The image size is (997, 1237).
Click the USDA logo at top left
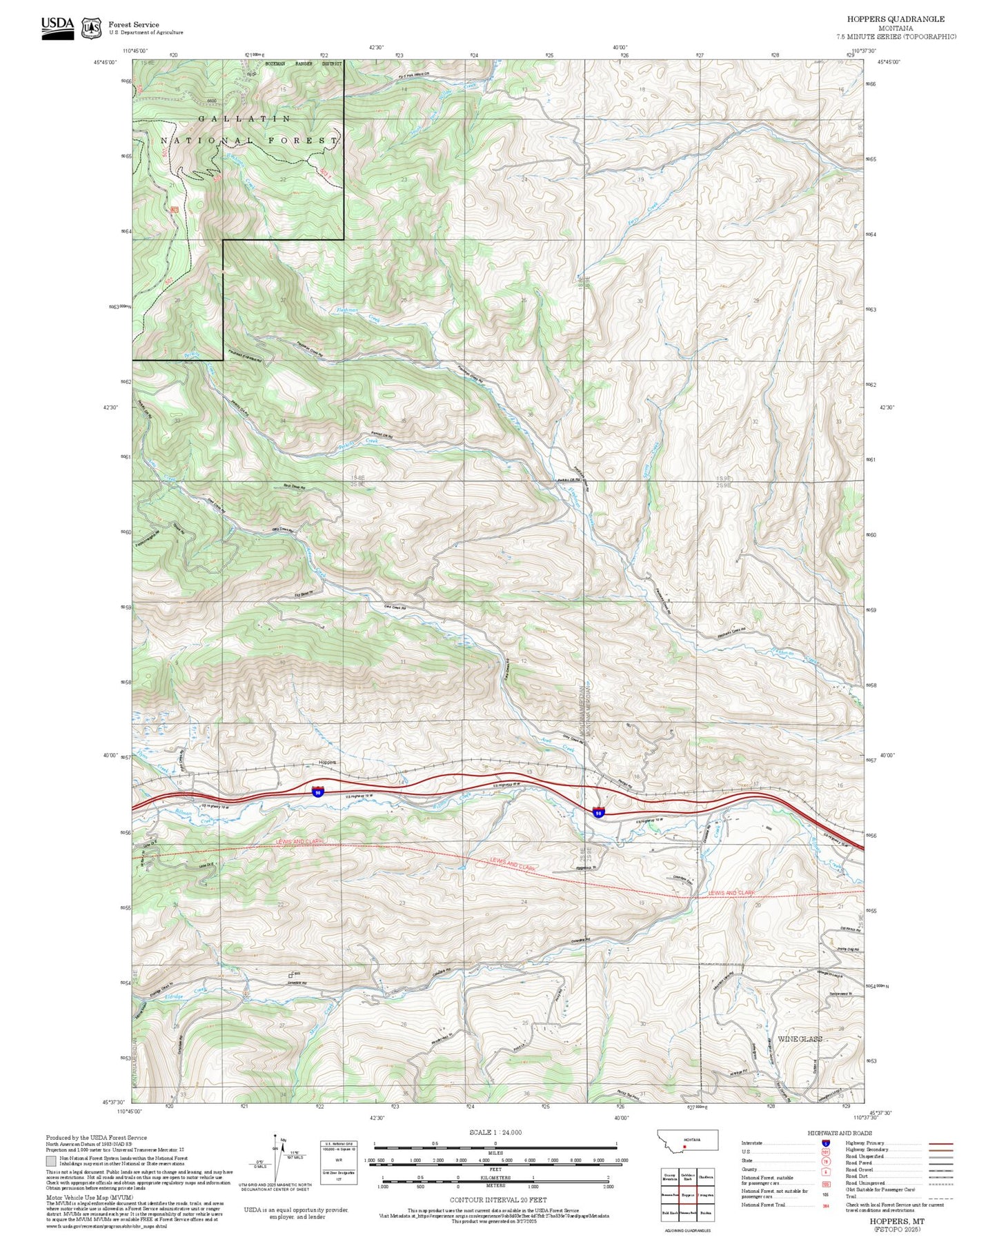(57, 27)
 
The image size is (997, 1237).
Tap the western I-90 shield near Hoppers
(317, 792)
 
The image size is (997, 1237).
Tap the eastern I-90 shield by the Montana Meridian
(598, 813)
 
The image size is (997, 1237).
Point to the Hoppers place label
(327, 762)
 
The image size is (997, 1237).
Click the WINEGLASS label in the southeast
(800, 1038)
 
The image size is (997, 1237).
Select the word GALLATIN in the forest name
(245, 119)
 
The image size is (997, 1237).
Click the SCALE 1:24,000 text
(495, 1132)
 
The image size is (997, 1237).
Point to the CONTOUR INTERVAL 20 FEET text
(495, 1200)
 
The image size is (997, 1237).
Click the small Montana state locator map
(689, 1140)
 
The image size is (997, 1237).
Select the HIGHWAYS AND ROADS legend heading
(840, 1133)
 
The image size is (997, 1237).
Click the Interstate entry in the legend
(752, 1143)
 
